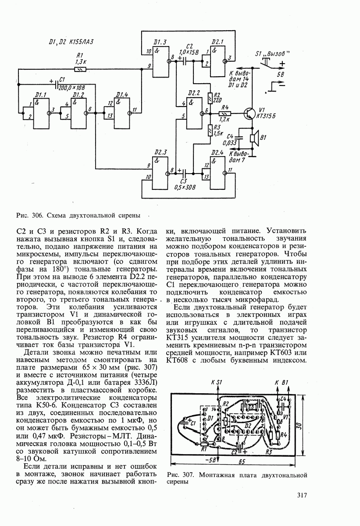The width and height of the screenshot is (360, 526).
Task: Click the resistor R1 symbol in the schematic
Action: coord(80,69)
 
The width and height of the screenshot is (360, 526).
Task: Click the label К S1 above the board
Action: coord(217,382)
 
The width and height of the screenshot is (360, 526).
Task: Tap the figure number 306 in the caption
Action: coord(36,215)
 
